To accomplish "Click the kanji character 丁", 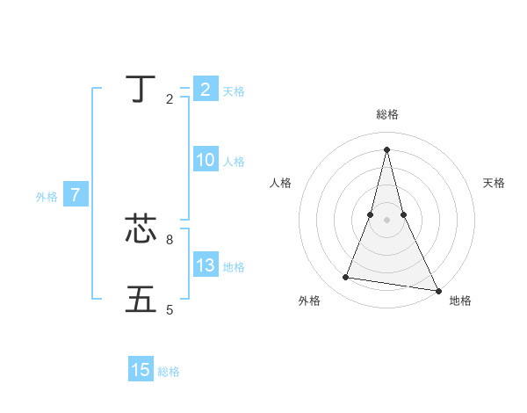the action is click(141, 89).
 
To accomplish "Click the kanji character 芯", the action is click(141, 229).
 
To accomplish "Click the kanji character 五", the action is click(141, 300).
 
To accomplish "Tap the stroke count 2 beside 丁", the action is click(170, 99).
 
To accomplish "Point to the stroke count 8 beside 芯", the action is click(170, 239).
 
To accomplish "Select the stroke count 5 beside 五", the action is click(170, 309).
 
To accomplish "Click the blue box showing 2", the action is click(205, 90).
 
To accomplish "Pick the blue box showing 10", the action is click(205, 160).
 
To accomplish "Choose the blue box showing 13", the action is click(205, 265).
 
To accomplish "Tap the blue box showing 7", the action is click(75, 195).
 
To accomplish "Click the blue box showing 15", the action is click(141, 370).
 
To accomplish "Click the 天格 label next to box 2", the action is click(234, 91).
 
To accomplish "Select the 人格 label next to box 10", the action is click(234, 161).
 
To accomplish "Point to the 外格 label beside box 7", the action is click(47, 197).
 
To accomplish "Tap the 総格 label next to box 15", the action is click(169, 372).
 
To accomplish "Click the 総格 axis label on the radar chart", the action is click(386, 114).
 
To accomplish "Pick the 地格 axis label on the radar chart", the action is click(460, 301).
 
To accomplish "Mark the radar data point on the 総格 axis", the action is click(386, 148).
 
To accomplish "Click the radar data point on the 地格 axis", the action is click(438, 291).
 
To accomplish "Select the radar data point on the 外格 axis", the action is click(346, 278).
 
